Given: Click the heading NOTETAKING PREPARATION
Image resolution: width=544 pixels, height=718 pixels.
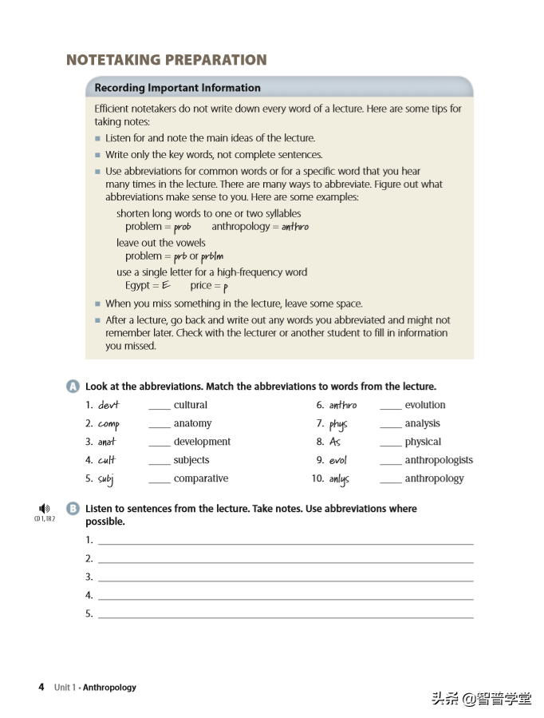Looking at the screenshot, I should click(166, 60).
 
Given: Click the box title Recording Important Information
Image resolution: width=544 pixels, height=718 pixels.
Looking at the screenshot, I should click(177, 88).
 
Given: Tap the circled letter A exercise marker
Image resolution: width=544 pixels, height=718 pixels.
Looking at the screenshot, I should click(73, 387).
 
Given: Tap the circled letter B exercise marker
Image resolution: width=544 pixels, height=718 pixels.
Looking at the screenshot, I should click(73, 509).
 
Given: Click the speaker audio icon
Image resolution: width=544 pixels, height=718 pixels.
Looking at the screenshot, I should click(44, 508).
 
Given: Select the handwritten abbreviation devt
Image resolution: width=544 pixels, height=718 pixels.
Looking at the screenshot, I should click(108, 405).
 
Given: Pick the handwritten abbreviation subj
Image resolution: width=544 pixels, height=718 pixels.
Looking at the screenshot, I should click(106, 479).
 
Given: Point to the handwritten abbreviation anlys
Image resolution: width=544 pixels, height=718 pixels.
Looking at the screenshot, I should click(339, 479).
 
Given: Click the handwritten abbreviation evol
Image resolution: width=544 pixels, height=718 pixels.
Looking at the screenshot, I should click(338, 461).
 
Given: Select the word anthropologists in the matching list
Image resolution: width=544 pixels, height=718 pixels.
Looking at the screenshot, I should click(439, 460).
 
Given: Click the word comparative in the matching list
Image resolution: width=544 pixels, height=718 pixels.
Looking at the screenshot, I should click(201, 478).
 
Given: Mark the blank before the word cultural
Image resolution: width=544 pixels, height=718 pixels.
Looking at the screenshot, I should click(160, 407).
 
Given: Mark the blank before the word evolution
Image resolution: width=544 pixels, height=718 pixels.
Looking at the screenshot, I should click(390, 407).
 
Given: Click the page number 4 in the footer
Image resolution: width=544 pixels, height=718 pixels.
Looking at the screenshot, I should click(41, 687).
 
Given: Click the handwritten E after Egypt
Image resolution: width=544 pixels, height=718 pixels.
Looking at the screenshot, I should click(166, 286).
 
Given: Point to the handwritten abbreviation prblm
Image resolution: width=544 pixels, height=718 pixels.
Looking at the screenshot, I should click(212, 257).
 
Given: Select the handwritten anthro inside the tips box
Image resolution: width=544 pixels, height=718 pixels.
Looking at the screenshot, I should click(295, 227).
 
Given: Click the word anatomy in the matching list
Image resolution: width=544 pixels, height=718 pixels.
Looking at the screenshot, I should click(192, 423).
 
